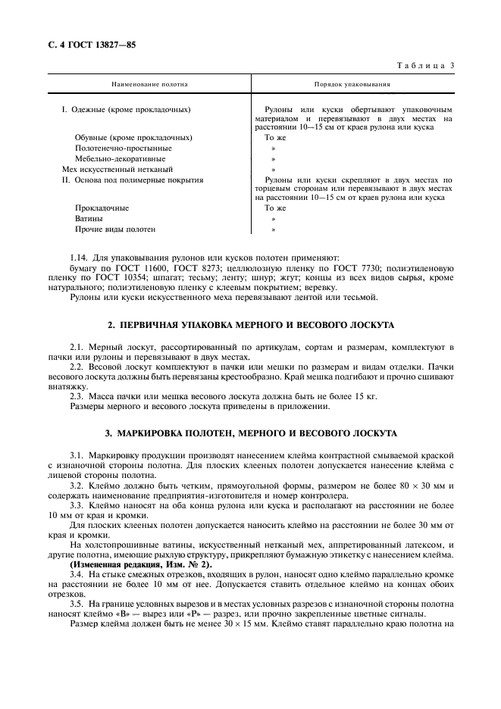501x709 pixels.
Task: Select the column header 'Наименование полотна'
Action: coord(149,84)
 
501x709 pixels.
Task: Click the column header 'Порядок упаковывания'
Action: coord(352,84)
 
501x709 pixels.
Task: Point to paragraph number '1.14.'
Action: coord(80,258)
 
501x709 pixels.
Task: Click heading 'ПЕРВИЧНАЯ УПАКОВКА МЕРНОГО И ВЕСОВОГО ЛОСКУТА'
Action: coord(251,325)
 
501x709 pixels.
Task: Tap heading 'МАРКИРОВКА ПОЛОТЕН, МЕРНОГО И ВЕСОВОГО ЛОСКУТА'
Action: coord(251,433)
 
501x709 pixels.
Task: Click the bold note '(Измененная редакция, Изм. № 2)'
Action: coord(141,565)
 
